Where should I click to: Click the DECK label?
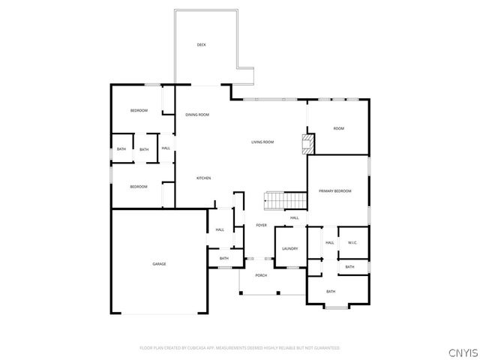(x=201, y=45)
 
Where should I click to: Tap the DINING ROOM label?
(x=197, y=115)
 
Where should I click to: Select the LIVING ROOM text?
(x=262, y=142)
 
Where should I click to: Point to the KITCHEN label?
(x=203, y=178)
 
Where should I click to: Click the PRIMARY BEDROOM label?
(x=334, y=191)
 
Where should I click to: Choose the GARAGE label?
(x=159, y=264)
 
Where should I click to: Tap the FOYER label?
(x=262, y=225)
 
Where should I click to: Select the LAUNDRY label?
(x=290, y=249)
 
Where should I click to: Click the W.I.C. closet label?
(x=352, y=242)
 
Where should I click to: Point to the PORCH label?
(x=261, y=275)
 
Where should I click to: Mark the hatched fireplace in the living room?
(x=306, y=143)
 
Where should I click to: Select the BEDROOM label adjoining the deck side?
(x=139, y=111)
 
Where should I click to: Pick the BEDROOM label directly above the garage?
(x=139, y=187)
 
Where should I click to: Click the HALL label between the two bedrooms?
(x=166, y=148)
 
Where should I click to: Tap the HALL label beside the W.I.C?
(x=329, y=242)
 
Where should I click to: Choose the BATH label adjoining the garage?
(x=223, y=259)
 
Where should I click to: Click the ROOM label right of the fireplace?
(x=338, y=129)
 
